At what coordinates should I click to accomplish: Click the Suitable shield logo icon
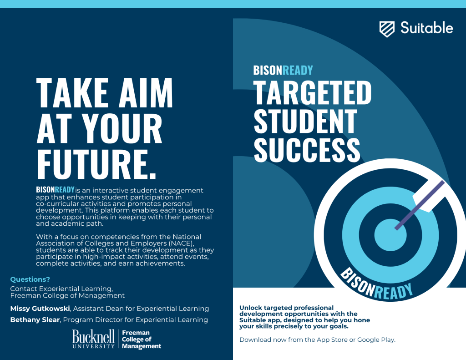(x=387, y=29)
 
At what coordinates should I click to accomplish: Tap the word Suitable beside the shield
(x=426, y=28)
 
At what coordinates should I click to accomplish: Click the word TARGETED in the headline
(x=312, y=93)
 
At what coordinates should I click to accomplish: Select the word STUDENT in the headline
(x=305, y=121)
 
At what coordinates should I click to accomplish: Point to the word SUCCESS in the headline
(x=307, y=150)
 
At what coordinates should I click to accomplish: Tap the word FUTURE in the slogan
(x=92, y=164)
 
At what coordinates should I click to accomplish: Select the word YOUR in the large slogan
(x=122, y=128)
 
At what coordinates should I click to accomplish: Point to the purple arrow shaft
(x=420, y=205)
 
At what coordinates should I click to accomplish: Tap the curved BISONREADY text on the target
(x=376, y=284)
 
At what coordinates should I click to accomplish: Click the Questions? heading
(x=30, y=279)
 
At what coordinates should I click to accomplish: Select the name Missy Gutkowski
(x=40, y=309)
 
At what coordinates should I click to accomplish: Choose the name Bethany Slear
(x=35, y=320)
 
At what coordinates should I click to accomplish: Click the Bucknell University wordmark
(x=93, y=339)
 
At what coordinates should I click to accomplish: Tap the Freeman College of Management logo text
(x=142, y=340)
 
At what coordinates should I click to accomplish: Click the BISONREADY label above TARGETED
(x=283, y=71)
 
